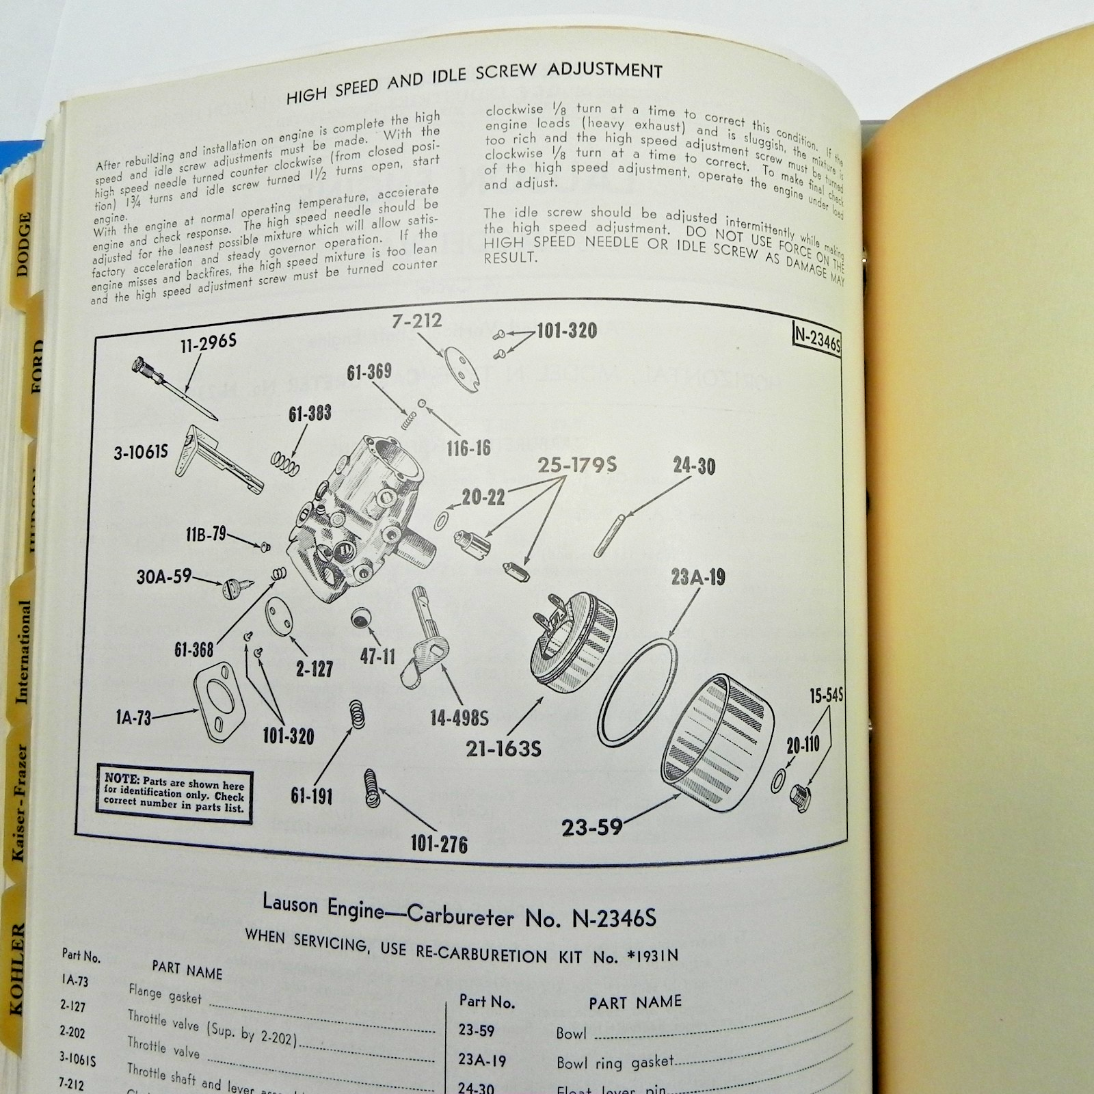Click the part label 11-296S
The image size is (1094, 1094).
[x=209, y=343]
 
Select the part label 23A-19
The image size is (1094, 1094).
[x=697, y=578]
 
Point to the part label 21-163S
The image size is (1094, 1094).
[x=503, y=749]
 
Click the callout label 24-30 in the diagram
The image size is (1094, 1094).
[x=693, y=467]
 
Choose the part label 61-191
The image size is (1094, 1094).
[x=311, y=796]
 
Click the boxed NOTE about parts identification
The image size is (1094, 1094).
[x=174, y=793]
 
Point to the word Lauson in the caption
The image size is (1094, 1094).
[x=290, y=904]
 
